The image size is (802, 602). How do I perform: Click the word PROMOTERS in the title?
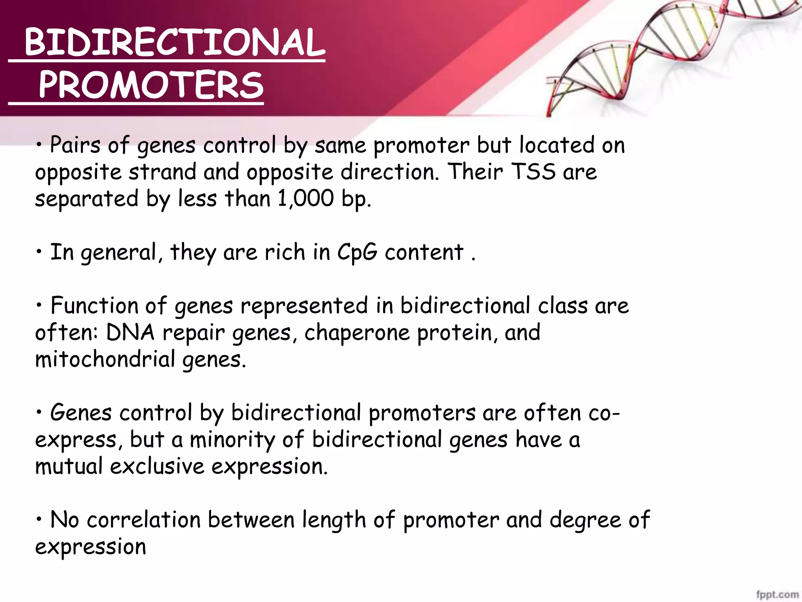tap(151, 85)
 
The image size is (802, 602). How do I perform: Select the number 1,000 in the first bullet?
tap(305, 198)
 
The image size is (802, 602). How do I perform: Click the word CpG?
tap(357, 252)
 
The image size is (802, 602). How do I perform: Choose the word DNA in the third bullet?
tap(130, 332)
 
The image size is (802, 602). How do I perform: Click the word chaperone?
tap(357, 333)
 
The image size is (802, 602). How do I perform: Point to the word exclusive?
tap(157, 466)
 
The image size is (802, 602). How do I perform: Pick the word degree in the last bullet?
tap(585, 520)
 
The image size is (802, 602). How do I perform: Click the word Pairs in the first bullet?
tap(75, 145)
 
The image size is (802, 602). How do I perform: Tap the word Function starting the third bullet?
tap(94, 306)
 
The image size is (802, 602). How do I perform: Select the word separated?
tap(87, 199)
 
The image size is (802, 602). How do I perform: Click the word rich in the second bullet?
tap(285, 252)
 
